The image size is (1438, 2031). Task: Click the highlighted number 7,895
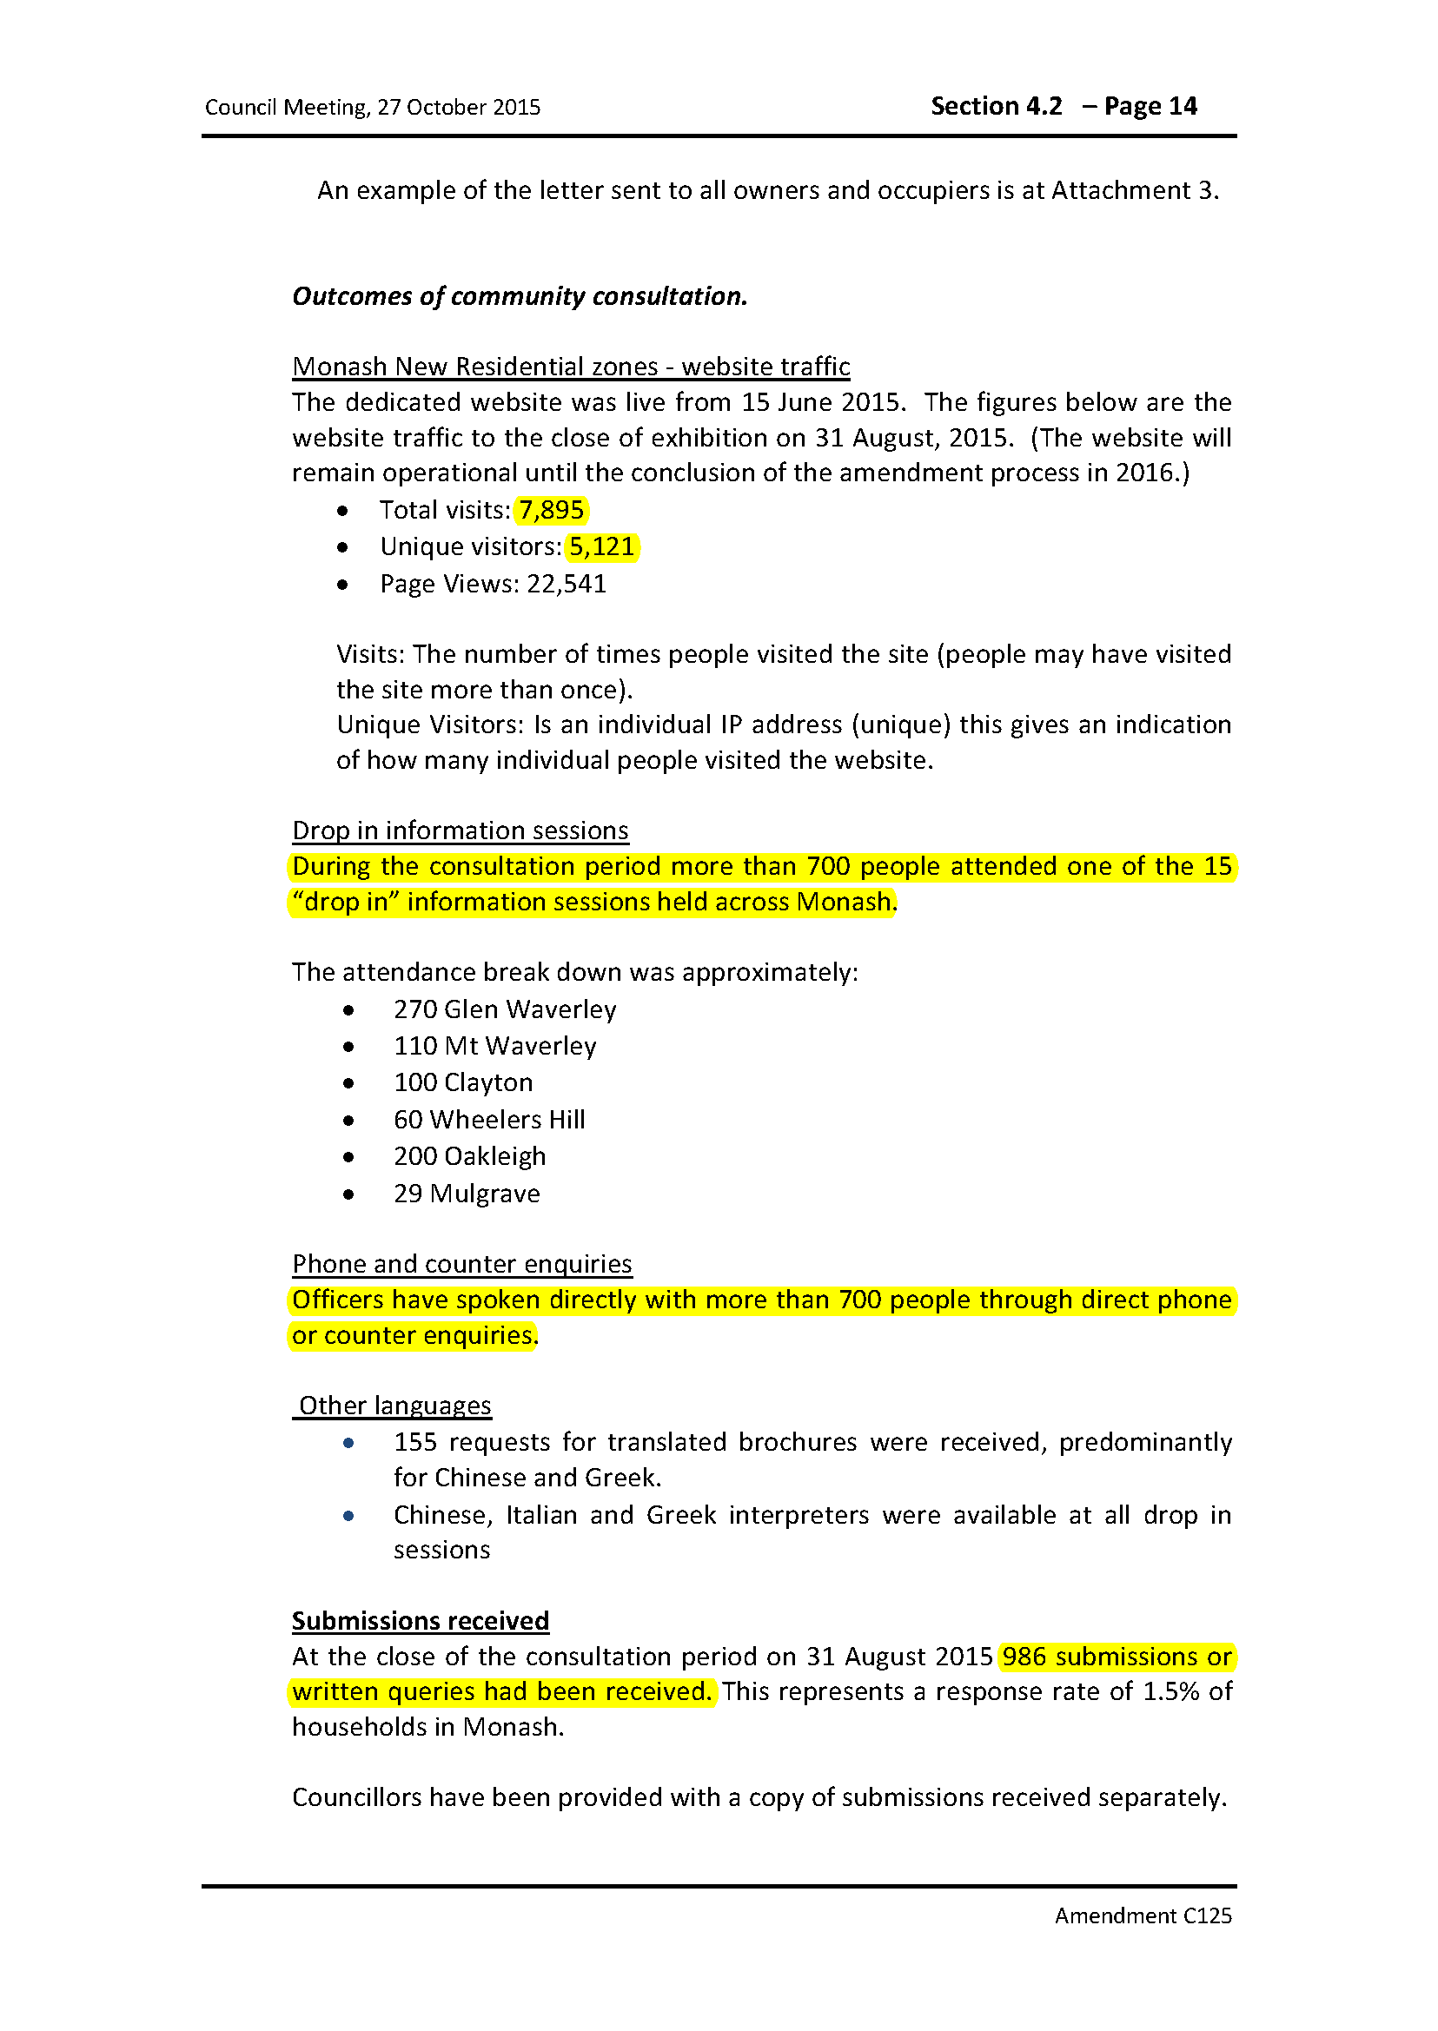click(x=551, y=510)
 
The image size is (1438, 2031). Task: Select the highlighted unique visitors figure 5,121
click(x=601, y=546)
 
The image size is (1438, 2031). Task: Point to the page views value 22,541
click(x=567, y=584)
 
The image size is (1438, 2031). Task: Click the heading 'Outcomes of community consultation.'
click(x=520, y=295)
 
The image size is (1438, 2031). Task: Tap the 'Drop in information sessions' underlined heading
click(x=461, y=830)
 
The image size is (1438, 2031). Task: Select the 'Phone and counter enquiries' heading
click(x=462, y=1263)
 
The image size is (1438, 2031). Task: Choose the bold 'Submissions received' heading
click(x=421, y=1620)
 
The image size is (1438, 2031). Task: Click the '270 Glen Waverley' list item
click(x=505, y=1009)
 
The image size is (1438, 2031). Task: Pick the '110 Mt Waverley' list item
click(x=495, y=1046)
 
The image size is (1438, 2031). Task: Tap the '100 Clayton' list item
click(x=463, y=1082)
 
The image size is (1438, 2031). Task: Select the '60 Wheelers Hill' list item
click(x=490, y=1119)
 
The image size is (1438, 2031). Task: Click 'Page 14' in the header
click(x=1150, y=106)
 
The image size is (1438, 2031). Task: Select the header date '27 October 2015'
click(x=459, y=107)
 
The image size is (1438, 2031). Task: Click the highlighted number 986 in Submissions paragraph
click(x=1024, y=1656)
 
